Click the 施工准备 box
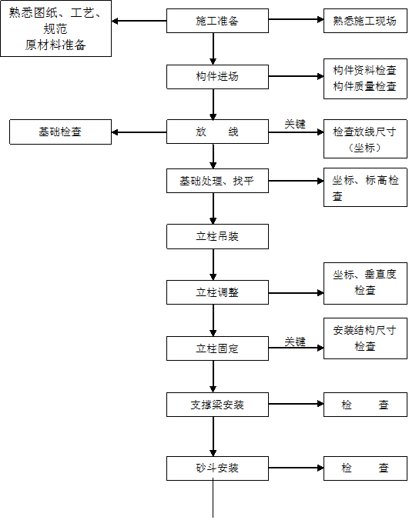217,21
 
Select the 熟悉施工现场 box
365,21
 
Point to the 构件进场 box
217,77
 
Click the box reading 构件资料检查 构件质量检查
365,78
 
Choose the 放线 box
217,132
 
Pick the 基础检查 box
60,132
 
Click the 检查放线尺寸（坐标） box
365,138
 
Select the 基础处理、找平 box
217,181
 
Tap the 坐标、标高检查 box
365,188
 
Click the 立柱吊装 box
217,236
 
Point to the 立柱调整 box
217,292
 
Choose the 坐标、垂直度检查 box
365,282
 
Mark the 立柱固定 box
217,348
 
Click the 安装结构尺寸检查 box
365,338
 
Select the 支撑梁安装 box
217,405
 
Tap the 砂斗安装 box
217,468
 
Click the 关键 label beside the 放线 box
295,123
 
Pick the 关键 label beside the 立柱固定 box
295,341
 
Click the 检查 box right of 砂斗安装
365,468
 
